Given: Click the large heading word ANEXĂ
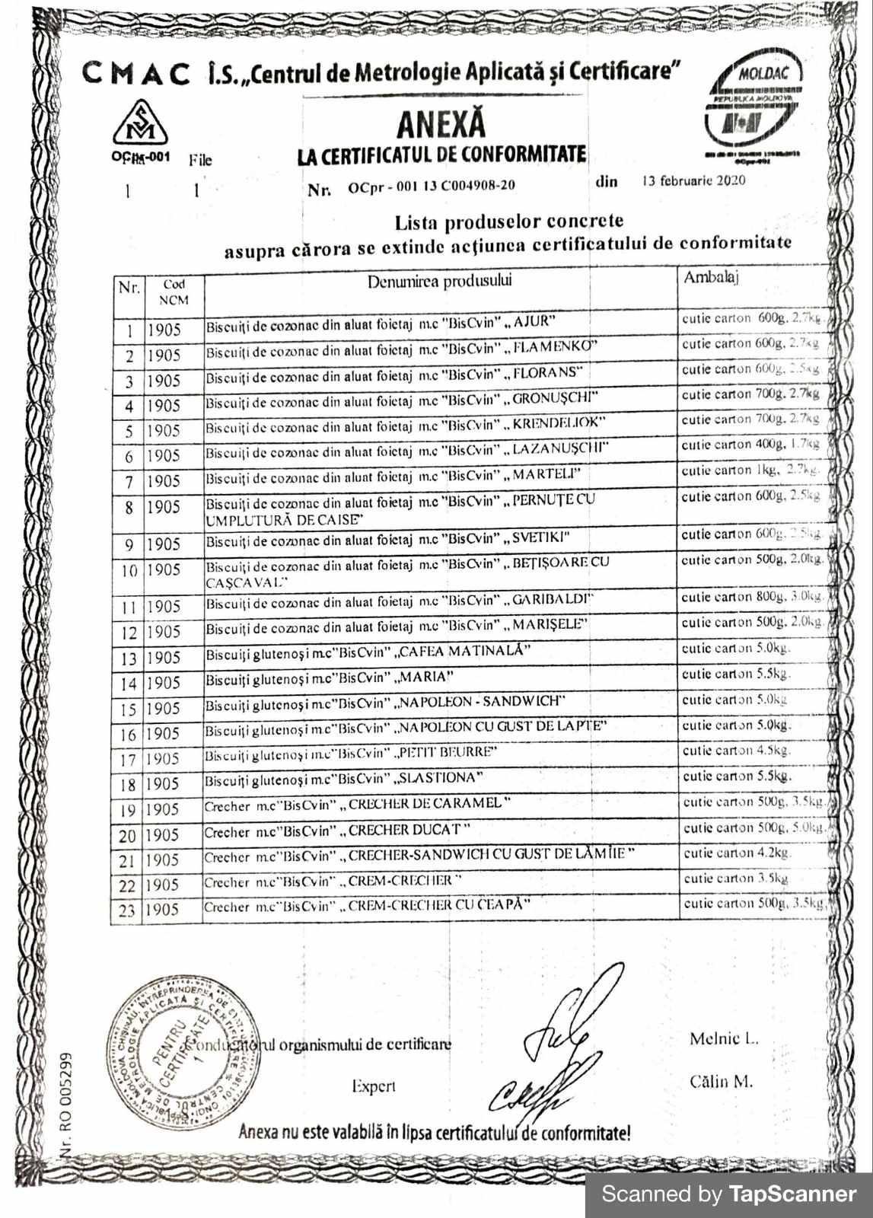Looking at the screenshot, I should (x=441, y=124).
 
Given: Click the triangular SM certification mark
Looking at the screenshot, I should (x=140, y=124).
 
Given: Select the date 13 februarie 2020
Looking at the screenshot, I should (x=693, y=181).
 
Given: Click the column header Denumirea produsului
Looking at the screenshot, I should (x=439, y=282).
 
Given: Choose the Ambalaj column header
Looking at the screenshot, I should (x=710, y=277).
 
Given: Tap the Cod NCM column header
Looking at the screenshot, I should (x=174, y=292).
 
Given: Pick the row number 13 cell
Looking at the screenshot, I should (x=129, y=658).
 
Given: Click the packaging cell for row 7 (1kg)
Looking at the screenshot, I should (x=750, y=471).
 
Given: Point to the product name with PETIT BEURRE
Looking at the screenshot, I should (x=351, y=754).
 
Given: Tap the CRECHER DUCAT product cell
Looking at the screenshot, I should (x=337, y=831).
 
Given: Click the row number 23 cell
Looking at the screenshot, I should (x=126, y=910).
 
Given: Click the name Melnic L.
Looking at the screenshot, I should (x=723, y=1039).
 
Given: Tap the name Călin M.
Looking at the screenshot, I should (x=721, y=1081).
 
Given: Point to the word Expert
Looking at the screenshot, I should (x=373, y=1086).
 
